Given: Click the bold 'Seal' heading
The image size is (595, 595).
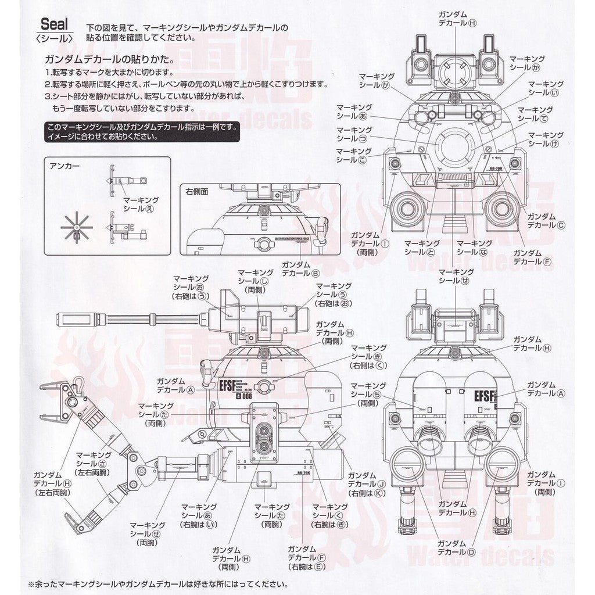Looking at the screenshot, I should [x=54, y=25].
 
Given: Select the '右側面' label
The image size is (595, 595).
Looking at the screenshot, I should [x=198, y=191].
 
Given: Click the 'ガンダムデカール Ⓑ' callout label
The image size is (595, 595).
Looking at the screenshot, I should [x=300, y=268].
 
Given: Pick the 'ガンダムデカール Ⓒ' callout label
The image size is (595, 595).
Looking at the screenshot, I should [x=546, y=220].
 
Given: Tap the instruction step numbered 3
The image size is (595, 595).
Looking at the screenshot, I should [x=145, y=99].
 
